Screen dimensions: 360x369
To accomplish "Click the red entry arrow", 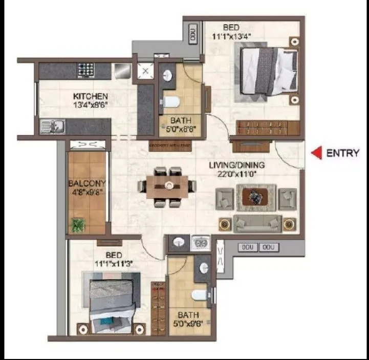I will tap(317, 153).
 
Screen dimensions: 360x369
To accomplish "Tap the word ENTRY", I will tap(342, 153).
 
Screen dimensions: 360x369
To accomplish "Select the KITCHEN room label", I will tap(90, 96).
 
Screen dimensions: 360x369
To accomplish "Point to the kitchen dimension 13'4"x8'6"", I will tap(90, 105).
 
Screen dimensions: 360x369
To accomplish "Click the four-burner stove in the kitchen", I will tap(84, 70).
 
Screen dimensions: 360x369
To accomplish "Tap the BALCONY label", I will tap(86, 183).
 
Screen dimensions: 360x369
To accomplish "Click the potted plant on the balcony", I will tap(78, 224).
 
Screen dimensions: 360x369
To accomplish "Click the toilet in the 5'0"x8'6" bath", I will tap(171, 101).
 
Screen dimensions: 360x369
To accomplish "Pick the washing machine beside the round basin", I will tap(200, 243).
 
